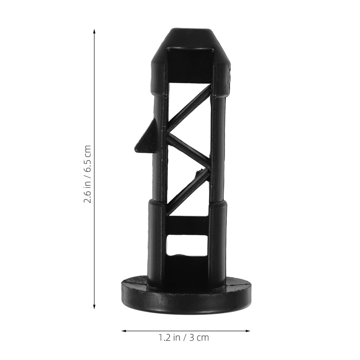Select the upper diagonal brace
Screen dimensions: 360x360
click(189, 108)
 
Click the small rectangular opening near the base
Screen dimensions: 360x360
click(187, 245)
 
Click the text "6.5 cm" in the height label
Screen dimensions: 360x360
click(87, 157)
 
